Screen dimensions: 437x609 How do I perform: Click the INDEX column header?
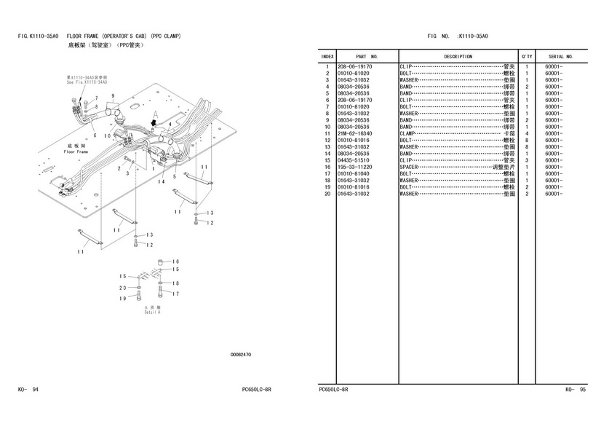[327, 56]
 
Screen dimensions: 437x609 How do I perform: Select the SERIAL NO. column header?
[560, 56]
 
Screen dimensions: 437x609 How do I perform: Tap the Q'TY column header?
[526, 56]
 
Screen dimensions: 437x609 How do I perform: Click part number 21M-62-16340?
[355, 134]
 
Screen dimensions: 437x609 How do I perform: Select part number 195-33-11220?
[355, 168]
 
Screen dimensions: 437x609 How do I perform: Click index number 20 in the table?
[327, 194]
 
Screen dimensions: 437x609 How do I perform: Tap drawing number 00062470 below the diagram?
[241, 355]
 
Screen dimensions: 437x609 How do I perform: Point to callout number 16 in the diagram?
[175, 261]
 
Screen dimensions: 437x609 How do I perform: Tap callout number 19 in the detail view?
[124, 299]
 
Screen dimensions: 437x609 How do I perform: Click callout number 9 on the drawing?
[114, 96]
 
